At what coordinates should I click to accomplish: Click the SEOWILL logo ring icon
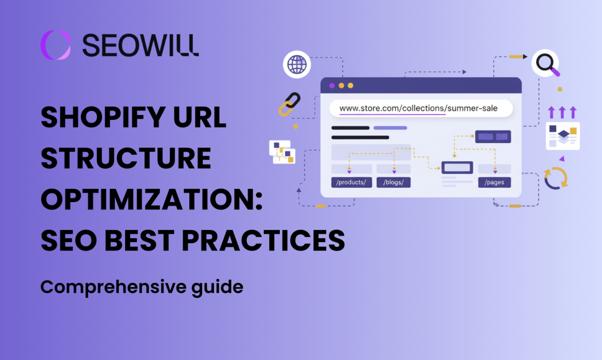tap(55, 45)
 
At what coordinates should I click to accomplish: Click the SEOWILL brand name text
tap(140, 45)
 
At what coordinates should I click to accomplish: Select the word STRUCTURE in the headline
tap(126, 159)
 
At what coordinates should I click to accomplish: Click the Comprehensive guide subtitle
tap(141, 286)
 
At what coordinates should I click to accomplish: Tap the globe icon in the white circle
tap(297, 65)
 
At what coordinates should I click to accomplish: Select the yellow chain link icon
tap(289, 104)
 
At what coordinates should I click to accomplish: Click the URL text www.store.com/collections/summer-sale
tap(418, 109)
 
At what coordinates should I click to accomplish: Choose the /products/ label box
tap(351, 182)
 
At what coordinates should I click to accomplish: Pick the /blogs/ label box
tap(394, 182)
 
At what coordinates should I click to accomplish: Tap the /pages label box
tap(494, 182)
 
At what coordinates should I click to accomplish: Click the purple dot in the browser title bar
tap(332, 85)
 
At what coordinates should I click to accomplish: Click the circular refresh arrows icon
tap(556, 178)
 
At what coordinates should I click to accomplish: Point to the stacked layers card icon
tap(563, 136)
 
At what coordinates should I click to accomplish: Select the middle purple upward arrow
tap(562, 112)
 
